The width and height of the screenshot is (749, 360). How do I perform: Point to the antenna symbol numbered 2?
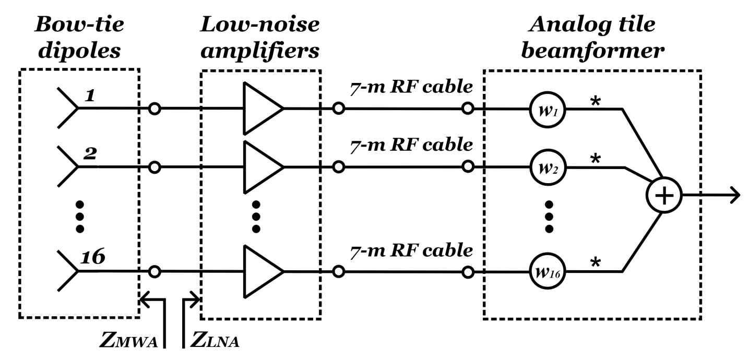68,167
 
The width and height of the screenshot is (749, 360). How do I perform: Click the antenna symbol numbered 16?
68,271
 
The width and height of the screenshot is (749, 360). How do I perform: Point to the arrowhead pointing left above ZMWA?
145,299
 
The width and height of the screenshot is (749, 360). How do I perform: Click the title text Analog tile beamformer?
591,37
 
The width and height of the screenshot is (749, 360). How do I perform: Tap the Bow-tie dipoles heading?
79,37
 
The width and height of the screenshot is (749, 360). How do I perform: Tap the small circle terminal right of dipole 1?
154,109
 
